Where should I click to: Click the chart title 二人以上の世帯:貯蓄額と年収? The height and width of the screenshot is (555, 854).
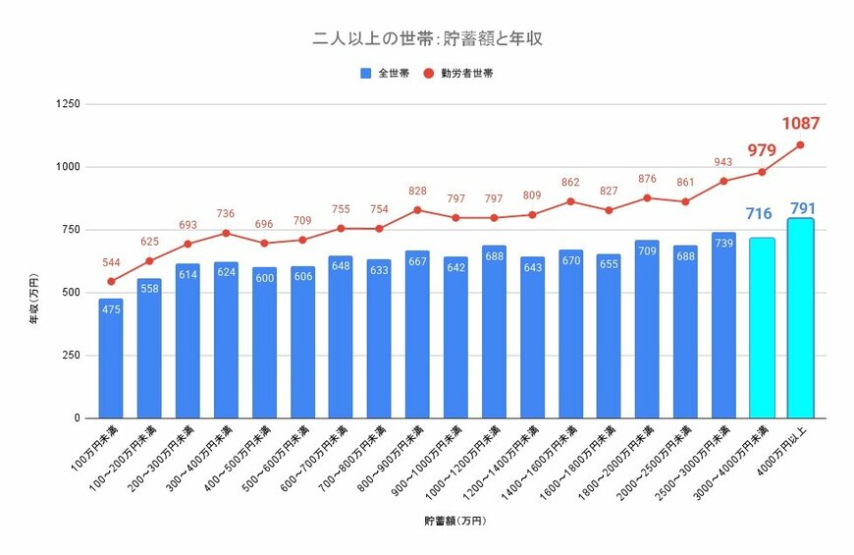[427, 39]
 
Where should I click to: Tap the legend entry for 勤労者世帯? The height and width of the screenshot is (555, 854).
[458, 73]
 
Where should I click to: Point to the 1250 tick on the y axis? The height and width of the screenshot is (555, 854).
[68, 104]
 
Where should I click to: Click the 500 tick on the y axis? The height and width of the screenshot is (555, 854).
[71, 293]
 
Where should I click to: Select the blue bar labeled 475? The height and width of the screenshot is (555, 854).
[111, 359]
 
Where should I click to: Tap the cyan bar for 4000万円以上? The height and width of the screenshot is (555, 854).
[800, 318]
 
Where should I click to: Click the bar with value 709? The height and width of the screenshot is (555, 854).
[647, 329]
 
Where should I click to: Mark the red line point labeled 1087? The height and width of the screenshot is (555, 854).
[800, 145]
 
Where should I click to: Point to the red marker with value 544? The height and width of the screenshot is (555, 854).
[111, 282]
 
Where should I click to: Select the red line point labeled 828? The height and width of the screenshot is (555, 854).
[417, 210]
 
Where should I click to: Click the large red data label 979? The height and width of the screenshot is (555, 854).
[762, 150]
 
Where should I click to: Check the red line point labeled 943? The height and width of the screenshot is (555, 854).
[723, 181]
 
